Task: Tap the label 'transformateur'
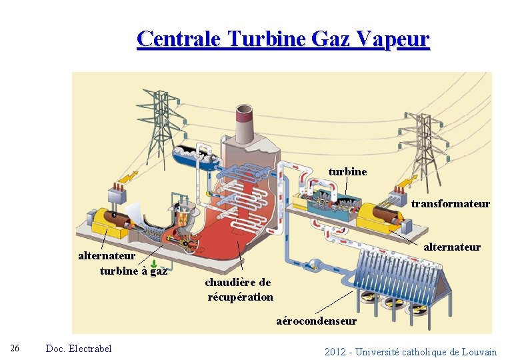pos(450,204)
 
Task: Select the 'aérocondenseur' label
pos(316,321)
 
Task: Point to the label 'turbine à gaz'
pos(133,271)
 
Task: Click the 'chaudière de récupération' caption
pos(239,289)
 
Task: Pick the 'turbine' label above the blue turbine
pos(347,171)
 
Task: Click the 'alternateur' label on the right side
pos(452,247)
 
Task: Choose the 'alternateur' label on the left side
pos(107,255)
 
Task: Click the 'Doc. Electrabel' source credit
pos(79,349)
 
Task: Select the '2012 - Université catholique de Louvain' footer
pos(411,351)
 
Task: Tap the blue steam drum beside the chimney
pos(197,158)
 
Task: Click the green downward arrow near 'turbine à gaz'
pos(154,263)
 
